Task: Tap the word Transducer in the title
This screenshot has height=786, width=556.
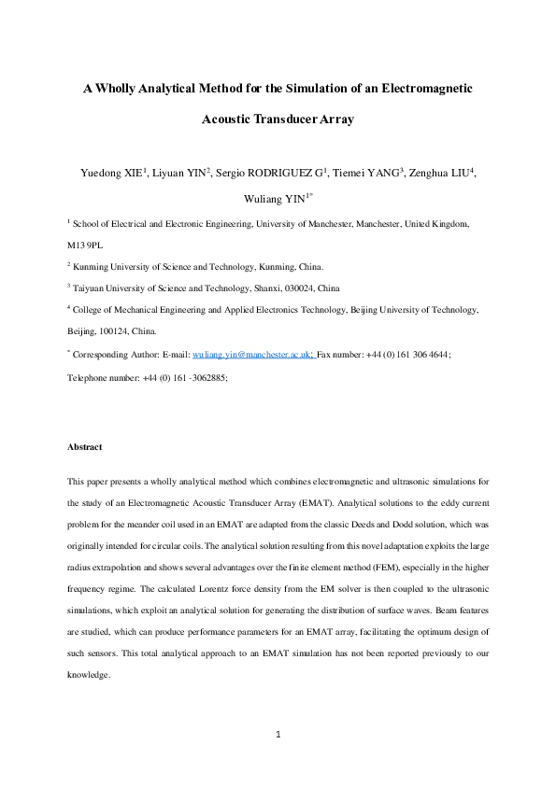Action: coord(281,120)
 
